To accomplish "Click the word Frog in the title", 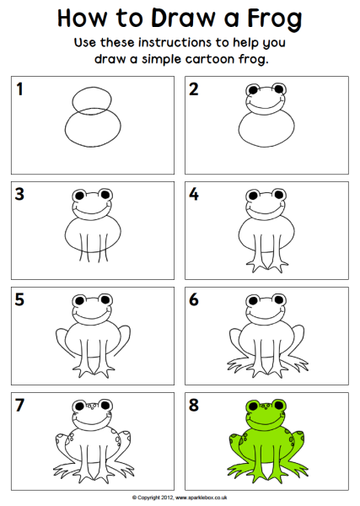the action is coord(275,19).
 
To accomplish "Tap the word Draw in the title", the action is coord(183,18).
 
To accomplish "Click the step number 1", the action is coord(20,89).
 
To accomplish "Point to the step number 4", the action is coord(194,194).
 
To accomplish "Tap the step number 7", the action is coord(19,405).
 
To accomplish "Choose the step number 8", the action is coord(194,405).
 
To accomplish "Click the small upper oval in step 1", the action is coord(92,99).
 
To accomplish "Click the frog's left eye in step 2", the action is coord(252,89).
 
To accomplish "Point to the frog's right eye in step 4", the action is coord(279,195).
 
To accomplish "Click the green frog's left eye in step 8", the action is coord(253,406).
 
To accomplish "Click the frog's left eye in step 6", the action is coord(253,300).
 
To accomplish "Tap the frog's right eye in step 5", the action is coord(105,299).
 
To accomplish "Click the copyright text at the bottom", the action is coord(180,498).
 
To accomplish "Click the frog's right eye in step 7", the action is coord(105,405).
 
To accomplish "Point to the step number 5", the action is coord(19,299).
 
